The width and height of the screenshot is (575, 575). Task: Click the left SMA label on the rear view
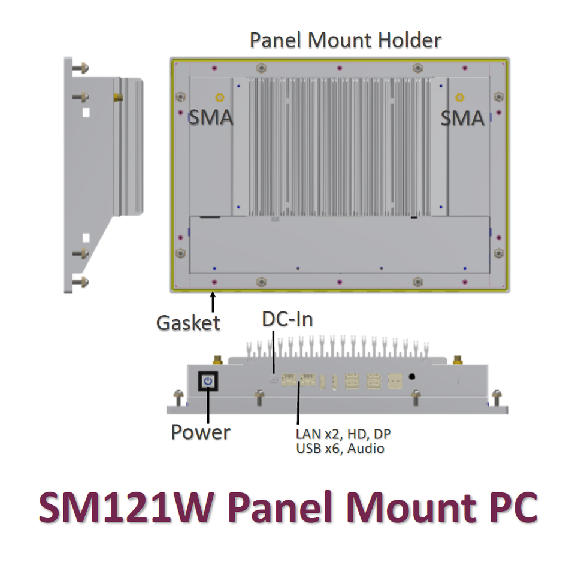click(211, 117)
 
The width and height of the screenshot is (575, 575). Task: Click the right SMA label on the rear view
click(462, 117)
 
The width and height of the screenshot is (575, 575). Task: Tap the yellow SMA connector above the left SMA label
click(219, 97)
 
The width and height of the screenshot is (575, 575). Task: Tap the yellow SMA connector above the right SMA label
click(459, 97)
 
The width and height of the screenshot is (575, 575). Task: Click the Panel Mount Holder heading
click(345, 41)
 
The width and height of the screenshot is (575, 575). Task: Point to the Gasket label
click(188, 323)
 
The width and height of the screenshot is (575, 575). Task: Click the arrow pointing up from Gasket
click(213, 300)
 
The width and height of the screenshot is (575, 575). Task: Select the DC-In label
click(287, 319)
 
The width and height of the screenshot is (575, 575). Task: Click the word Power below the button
click(201, 432)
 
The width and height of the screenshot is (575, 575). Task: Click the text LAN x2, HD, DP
click(346, 434)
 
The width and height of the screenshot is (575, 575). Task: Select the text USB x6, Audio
click(340, 448)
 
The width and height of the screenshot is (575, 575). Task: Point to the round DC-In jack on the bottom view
click(274, 379)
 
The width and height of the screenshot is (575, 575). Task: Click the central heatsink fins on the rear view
click(339, 146)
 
